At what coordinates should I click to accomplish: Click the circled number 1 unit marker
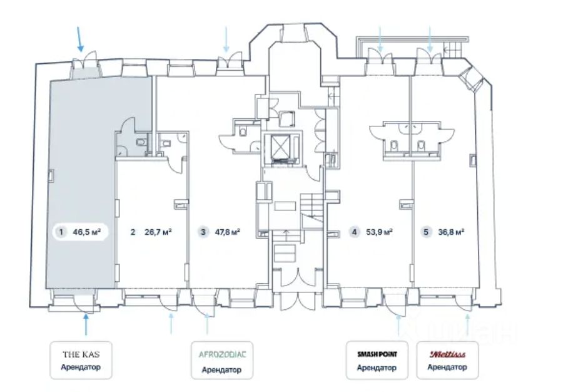[x=61, y=232]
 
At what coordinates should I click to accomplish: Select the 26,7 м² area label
[x=158, y=232]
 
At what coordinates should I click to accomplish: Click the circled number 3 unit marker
[x=203, y=232]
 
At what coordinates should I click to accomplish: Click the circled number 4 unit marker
[x=355, y=232]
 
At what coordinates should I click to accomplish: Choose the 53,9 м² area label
[x=380, y=232]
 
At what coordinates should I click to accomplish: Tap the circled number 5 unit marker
[x=426, y=232]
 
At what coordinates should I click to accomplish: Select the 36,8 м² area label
[x=450, y=232]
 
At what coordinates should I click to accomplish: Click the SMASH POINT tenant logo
[x=377, y=354]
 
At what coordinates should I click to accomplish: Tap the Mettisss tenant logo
[x=447, y=354]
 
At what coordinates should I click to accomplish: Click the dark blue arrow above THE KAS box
[x=86, y=326]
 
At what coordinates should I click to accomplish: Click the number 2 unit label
[x=133, y=232]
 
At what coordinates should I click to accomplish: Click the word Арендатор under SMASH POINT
[x=377, y=368]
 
